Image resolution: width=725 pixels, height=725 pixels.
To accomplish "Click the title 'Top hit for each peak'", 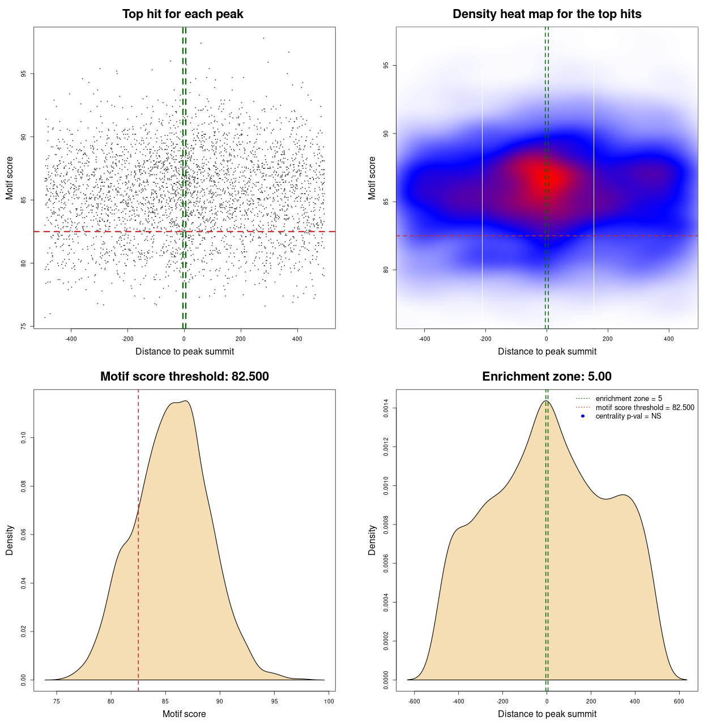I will point(182,14).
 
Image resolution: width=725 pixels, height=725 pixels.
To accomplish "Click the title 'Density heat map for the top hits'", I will point(547,14).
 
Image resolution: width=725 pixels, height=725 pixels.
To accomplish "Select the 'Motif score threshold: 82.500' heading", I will point(184,377).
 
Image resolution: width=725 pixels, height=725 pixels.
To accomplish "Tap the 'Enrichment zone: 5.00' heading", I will point(547,377).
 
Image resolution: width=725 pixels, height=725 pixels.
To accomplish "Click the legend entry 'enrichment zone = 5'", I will point(629,399).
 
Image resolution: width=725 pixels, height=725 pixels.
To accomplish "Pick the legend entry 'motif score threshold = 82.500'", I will point(645,408).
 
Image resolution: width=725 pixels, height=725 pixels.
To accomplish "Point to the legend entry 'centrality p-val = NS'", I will point(628,416).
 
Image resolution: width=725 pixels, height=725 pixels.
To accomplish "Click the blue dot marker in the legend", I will point(583,416).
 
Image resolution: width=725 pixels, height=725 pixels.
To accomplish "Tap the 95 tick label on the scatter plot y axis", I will point(24,74).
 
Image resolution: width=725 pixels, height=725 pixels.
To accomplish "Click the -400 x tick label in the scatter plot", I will point(71,339).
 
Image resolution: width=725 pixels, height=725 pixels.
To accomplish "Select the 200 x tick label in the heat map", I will point(608,339).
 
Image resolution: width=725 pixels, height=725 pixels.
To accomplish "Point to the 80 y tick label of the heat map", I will point(386,270).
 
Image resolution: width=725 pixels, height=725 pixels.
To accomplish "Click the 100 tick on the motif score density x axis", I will point(329,701).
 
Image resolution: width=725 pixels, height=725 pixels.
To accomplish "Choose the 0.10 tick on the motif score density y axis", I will point(24,438).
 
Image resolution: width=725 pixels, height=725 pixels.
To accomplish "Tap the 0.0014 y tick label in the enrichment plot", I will point(386,408).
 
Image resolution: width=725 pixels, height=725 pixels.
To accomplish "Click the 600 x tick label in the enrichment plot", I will point(679,701).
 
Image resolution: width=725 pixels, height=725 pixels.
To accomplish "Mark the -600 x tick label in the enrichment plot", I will point(414,701).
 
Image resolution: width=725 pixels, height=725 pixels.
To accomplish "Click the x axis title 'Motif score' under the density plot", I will point(184,714).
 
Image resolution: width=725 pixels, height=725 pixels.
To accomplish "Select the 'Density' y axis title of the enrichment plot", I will point(372,540).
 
